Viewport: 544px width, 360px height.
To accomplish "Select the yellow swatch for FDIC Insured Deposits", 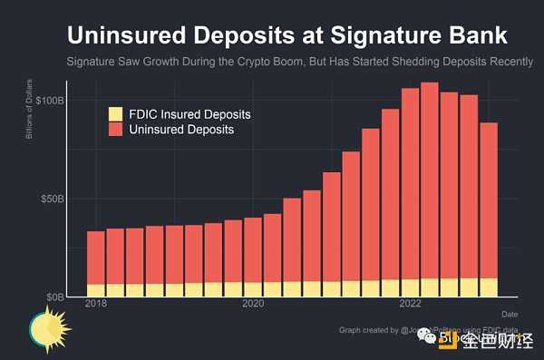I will [116, 114].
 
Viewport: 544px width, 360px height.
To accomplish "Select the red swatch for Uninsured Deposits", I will [116, 130].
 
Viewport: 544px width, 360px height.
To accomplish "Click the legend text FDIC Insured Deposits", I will [189, 114].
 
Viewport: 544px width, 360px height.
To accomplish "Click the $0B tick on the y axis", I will [54, 297].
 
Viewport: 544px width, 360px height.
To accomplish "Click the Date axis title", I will [510, 313].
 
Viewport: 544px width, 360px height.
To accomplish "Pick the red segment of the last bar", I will [489, 199].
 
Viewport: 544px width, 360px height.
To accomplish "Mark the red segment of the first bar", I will [95, 258].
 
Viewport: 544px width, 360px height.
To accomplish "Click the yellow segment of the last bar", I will [489, 287].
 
